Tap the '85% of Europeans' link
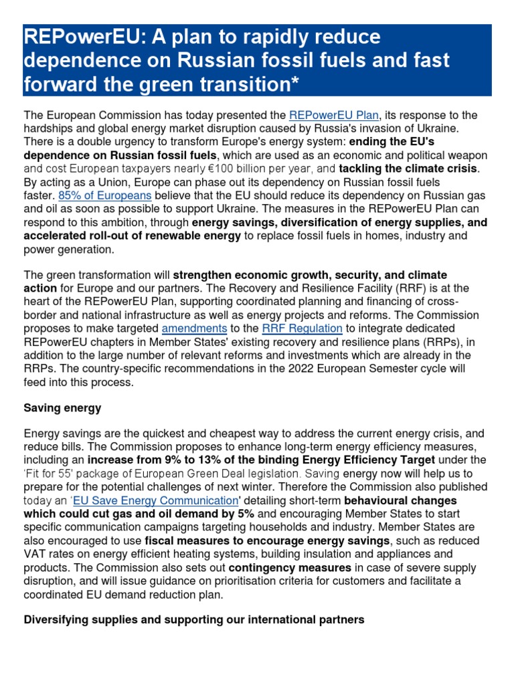pos(104,195)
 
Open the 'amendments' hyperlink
pos(194,328)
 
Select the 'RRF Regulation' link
pos(302,328)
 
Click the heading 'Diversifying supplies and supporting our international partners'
pos(194,620)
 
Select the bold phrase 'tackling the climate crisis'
pos(409,169)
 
